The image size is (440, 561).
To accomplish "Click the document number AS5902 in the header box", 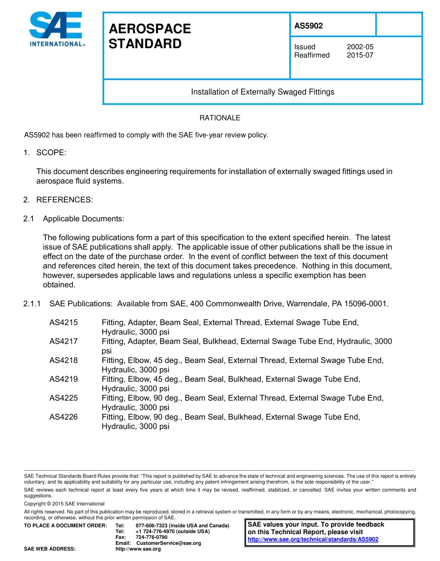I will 308,26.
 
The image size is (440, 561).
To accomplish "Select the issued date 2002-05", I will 360,47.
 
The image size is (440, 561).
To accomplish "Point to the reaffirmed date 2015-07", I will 360,55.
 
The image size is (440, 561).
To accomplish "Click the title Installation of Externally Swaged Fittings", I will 263,92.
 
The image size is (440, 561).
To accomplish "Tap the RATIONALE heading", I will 220,118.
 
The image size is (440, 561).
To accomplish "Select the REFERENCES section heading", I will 64,200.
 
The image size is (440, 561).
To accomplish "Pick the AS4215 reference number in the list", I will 63,322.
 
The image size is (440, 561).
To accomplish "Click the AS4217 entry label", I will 63,341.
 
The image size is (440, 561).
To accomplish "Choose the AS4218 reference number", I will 63,360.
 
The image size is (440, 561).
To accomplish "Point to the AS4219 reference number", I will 63,379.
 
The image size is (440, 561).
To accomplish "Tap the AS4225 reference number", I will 63,398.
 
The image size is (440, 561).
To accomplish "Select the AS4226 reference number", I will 63,417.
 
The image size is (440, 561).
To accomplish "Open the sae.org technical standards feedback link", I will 313,539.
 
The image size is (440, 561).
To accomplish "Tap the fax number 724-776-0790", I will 151,537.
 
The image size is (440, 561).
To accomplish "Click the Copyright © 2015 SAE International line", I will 64,504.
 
